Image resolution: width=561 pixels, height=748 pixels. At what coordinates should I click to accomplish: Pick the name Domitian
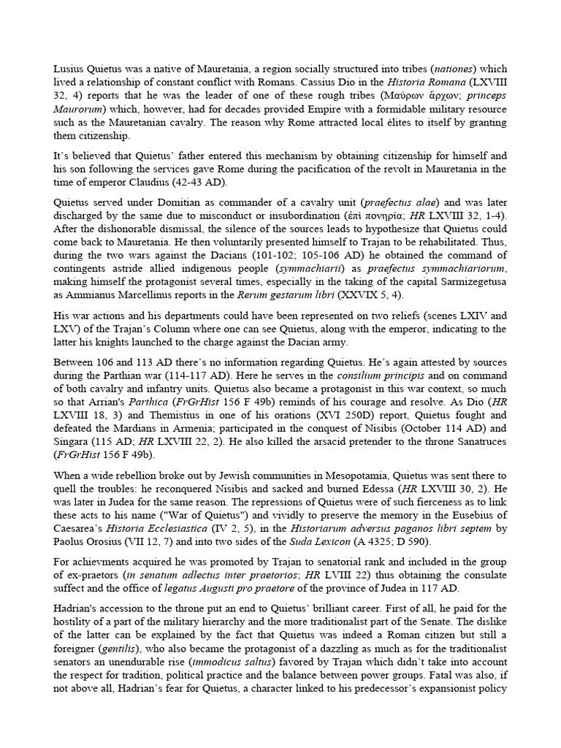coord(155,202)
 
